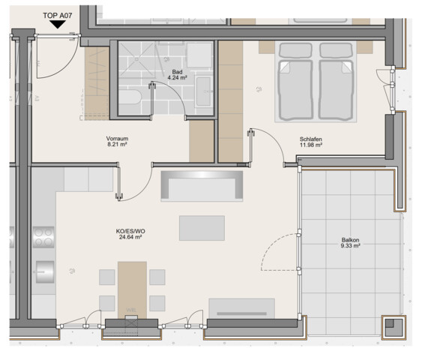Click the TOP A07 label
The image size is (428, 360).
click(57, 16)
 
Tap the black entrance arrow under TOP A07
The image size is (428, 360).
click(57, 25)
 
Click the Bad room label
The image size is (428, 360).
click(177, 72)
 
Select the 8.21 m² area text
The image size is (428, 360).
click(118, 144)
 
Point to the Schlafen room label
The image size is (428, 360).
click(311, 139)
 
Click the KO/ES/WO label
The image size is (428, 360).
click(130, 231)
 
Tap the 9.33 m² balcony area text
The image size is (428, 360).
click(351, 246)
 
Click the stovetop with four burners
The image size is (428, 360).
click(43, 237)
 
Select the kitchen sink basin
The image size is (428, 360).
click(45, 271)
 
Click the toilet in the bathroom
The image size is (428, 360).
click(130, 97)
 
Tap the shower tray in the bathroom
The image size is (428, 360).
click(136, 59)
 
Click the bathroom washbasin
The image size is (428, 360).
click(204, 91)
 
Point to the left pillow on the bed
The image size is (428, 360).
click(295, 50)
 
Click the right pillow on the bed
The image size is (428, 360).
click(337, 50)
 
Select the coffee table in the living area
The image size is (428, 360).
click(202, 228)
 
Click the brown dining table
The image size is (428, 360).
click(132, 290)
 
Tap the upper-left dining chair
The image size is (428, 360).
click(107, 277)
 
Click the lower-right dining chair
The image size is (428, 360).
click(157, 303)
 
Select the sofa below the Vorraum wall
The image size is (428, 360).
click(202, 186)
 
